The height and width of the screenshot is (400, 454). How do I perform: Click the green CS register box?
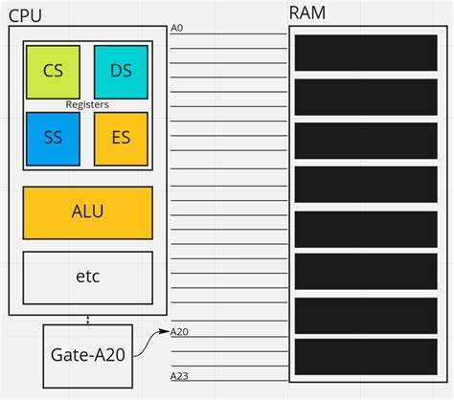(x=52, y=71)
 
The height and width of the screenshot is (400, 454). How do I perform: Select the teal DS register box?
(x=120, y=71)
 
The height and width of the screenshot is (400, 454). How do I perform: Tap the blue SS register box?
(x=52, y=139)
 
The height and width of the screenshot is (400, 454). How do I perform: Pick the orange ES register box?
(x=121, y=139)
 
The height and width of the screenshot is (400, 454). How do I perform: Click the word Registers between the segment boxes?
(x=86, y=104)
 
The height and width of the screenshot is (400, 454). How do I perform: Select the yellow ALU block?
(x=87, y=212)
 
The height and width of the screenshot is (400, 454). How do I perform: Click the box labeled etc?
(x=87, y=278)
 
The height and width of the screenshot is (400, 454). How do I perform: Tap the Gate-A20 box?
(x=88, y=353)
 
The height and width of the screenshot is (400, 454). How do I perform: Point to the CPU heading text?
(x=28, y=12)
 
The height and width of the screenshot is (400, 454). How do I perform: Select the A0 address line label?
(x=176, y=28)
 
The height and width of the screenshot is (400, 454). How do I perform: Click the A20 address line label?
(x=179, y=332)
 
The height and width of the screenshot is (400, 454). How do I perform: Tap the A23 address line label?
(x=179, y=376)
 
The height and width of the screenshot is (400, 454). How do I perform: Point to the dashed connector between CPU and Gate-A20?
(x=88, y=320)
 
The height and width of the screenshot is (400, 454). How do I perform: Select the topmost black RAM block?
(x=366, y=53)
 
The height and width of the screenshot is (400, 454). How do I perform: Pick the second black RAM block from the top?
(x=366, y=97)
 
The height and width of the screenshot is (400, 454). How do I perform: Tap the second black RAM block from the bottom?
(x=366, y=316)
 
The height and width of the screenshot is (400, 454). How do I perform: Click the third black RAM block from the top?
(x=366, y=141)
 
